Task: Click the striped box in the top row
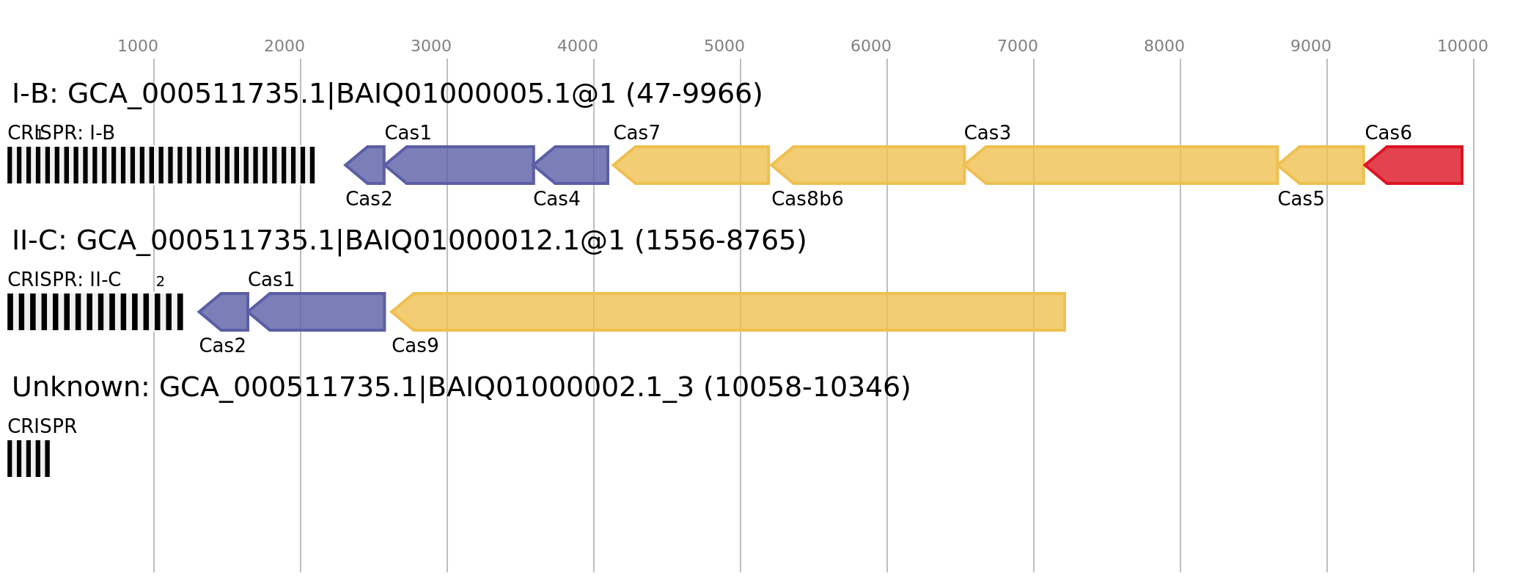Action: (161, 165)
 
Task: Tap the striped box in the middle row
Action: (95, 312)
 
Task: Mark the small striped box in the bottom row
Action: (29, 459)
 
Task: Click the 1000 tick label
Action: (138, 46)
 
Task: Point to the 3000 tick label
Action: (431, 46)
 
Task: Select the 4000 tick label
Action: (578, 46)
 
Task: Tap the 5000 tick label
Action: (724, 46)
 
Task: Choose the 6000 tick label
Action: (871, 46)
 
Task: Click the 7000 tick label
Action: (1018, 46)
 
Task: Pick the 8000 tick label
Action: (1164, 46)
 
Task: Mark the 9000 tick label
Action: (1311, 46)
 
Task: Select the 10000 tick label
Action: (1463, 46)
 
